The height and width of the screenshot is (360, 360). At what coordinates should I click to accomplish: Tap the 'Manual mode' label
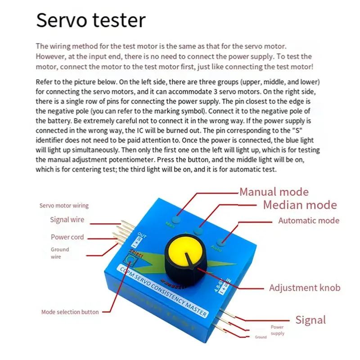274,192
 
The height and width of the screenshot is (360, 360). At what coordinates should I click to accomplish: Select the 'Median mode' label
300,205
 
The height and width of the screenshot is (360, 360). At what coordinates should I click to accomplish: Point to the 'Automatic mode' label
309,220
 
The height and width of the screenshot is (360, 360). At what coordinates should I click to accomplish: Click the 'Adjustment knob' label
305,288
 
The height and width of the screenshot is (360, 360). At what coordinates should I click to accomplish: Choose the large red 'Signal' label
310,320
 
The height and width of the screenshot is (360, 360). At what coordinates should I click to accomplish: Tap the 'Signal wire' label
67,220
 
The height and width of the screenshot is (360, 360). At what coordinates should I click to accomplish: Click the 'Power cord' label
67,237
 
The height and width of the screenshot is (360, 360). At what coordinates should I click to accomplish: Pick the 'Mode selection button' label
70,311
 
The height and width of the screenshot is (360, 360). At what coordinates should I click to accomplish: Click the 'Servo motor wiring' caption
64,206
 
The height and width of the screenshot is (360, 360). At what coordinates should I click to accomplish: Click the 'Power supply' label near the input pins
277,330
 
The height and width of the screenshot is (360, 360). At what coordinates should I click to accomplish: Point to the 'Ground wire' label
60,253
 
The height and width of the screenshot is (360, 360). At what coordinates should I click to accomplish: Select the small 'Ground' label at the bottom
261,337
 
